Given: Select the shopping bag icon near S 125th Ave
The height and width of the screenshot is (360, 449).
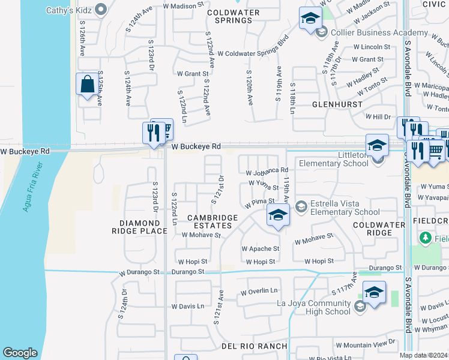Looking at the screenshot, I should [87, 85].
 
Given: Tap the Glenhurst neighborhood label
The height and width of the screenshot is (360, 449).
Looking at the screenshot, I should [337, 104].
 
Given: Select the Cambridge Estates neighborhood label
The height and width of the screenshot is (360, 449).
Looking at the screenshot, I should [209, 221].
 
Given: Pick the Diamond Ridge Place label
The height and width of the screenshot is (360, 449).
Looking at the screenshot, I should [139, 226].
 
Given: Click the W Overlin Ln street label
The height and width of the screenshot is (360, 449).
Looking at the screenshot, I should [259, 292].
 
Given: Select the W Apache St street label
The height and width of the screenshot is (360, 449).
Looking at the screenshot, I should [261, 248].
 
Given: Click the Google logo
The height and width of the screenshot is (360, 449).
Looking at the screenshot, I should [20, 353].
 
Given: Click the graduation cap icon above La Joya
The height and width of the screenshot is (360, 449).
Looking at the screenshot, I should [374, 294].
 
